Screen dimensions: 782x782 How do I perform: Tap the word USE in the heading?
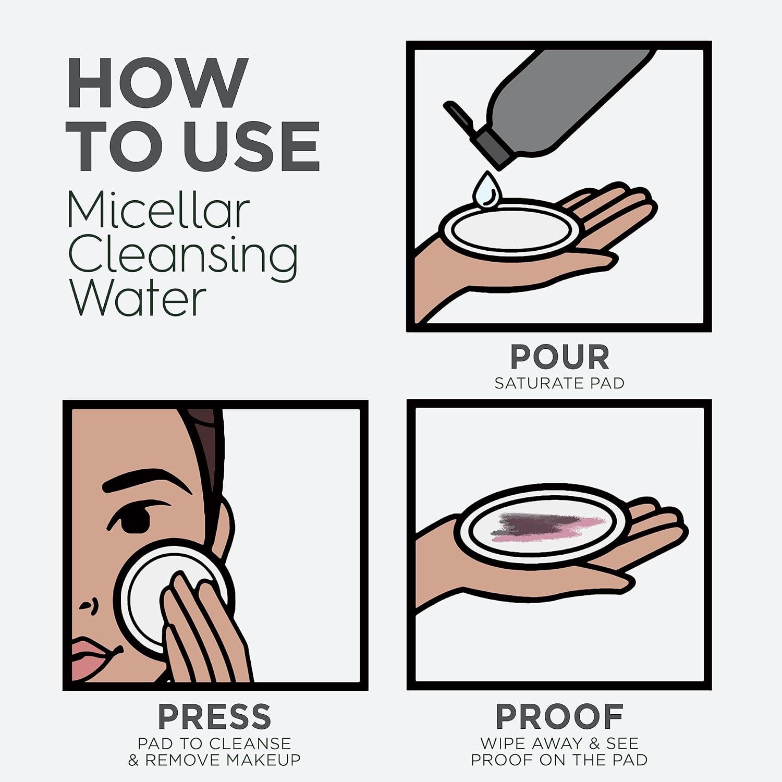click(252, 146)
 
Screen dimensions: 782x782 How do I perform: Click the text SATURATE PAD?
click(559, 383)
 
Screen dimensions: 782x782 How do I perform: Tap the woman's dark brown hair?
click(206, 443)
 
